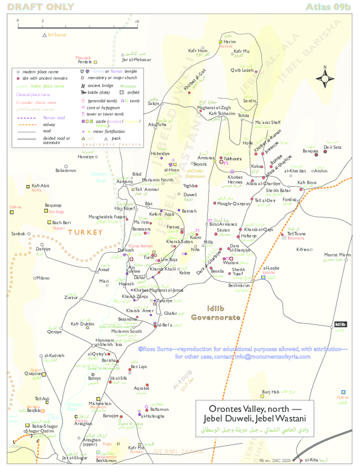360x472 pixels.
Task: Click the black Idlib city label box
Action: (x=340, y=324)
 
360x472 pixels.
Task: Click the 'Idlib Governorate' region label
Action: (x=215, y=312)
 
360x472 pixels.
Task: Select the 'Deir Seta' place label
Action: (x=332, y=147)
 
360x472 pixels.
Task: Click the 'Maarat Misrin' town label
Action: (x=338, y=255)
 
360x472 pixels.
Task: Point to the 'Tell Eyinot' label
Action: (x=56, y=35)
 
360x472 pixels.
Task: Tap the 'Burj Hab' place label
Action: (x=271, y=392)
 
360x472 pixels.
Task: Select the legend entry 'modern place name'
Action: (x=40, y=71)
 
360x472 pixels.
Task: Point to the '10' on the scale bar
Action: (x=137, y=21)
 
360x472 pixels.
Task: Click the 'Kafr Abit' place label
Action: (x=41, y=186)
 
